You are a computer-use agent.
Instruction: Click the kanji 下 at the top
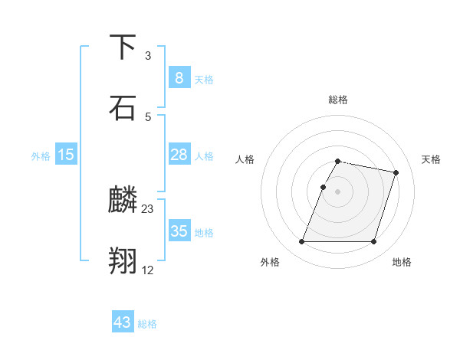[123, 48]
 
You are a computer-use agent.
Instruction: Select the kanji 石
[123, 107]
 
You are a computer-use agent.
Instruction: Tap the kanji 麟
[123, 201]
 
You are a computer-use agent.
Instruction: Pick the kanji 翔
[123, 261]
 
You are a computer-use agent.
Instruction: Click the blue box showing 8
[179, 77]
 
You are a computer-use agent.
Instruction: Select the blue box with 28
[179, 155]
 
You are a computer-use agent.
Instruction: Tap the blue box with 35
[179, 231]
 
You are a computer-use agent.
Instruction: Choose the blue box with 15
[66, 155]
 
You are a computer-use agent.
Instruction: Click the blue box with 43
[123, 322]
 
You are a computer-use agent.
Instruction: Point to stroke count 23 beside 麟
[148, 208]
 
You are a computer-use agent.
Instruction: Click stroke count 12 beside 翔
[148, 269]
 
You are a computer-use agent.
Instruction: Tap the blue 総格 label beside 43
[147, 324]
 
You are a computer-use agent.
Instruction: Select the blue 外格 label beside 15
[41, 156]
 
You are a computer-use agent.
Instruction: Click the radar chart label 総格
[338, 100]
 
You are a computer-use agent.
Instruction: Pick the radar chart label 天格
[432, 159]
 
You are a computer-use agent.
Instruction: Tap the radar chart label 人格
[245, 159]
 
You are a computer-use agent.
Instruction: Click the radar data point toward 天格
[396, 173]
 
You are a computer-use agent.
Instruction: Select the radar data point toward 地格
[373, 242]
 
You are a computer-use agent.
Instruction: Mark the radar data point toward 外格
[302, 242]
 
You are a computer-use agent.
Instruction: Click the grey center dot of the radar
[338, 191]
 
